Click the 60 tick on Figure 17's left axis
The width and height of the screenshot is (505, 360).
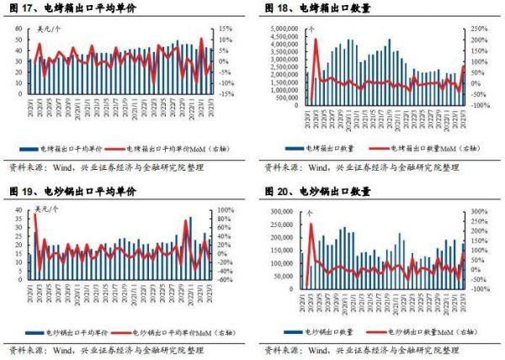click(x=20, y=29)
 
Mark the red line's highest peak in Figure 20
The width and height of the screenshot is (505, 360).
click(x=311, y=224)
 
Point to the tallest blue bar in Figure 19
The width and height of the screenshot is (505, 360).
click(x=190, y=219)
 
